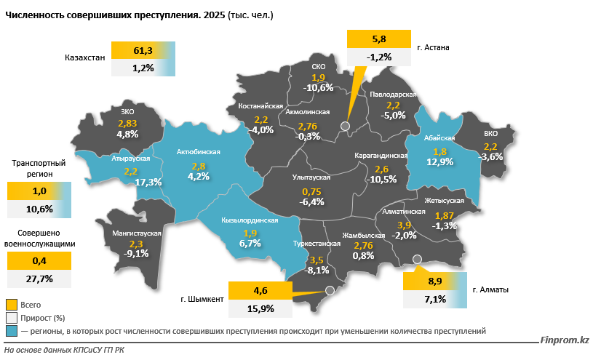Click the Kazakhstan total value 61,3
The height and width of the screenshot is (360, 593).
(143, 50)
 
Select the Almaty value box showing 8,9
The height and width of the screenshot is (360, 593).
(435, 281)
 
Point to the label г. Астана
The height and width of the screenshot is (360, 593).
(434, 48)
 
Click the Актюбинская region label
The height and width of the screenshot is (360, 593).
(198, 152)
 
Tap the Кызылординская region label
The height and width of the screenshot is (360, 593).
(250, 219)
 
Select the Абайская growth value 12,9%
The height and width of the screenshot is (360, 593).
(439, 161)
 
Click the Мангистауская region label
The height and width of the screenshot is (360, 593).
(136, 233)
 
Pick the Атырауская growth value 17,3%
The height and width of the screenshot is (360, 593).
(148, 182)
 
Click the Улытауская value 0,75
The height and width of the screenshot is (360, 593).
(311, 191)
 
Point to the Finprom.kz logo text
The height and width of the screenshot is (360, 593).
(565, 340)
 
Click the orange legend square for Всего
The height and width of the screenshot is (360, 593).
(11, 304)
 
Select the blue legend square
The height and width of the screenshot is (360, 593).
(11, 331)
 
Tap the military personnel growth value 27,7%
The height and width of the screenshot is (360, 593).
(39, 279)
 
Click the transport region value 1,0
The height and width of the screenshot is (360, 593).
(39, 191)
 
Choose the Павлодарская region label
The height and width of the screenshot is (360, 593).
(393, 95)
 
